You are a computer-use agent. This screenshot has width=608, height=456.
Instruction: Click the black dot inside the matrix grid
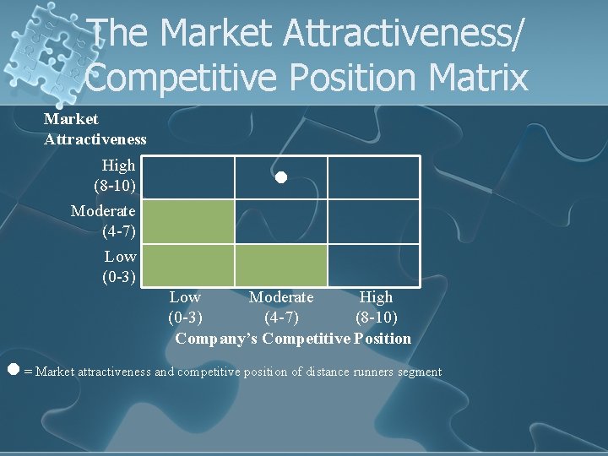click(280, 177)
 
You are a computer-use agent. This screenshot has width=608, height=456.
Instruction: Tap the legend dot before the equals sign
click(13, 370)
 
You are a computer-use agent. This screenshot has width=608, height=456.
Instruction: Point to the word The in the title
click(122, 34)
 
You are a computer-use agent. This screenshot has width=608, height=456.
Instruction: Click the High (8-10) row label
click(116, 175)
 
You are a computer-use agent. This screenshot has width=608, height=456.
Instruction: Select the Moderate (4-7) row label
click(105, 220)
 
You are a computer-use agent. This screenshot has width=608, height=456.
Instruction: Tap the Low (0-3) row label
click(119, 266)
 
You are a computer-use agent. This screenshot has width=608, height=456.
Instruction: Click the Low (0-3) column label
click(185, 307)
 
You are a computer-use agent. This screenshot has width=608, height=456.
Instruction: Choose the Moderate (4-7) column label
click(280, 307)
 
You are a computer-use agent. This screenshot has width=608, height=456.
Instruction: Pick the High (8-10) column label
click(376, 307)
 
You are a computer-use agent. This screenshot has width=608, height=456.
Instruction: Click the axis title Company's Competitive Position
click(293, 339)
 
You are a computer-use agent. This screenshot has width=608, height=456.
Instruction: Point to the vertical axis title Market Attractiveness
click(95, 129)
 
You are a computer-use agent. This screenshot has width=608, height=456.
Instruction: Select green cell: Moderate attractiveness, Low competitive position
click(187, 221)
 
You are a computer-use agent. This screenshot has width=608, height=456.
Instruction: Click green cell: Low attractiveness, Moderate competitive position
click(280, 265)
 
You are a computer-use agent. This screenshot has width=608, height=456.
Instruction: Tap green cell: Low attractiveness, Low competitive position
click(187, 265)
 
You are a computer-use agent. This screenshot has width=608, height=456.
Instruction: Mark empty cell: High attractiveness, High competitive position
click(373, 177)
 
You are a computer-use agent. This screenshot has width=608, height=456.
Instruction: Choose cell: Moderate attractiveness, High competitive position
click(373, 221)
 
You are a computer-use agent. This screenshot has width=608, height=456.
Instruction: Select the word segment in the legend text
click(420, 372)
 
